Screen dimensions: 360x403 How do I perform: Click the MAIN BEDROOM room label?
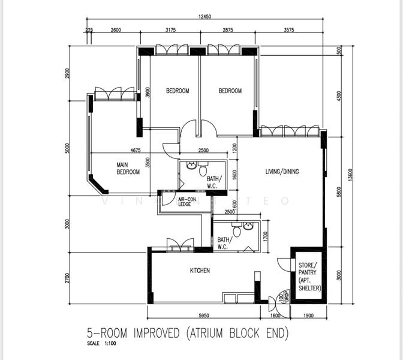[x=128, y=168]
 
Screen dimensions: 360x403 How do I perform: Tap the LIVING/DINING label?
[x=282, y=172]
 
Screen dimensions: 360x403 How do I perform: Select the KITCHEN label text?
[x=200, y=271]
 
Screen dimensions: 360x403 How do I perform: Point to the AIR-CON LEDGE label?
[x=187, y=202]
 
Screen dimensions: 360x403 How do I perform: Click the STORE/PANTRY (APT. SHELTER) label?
[x=309, y=276]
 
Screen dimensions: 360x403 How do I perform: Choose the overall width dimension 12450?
[x=203, y=17]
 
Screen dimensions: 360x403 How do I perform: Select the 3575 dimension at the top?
[x=293, y=30]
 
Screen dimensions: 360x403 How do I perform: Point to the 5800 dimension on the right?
[x=339, y=191]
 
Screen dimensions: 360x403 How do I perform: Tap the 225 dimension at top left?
[x=89, y=30]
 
